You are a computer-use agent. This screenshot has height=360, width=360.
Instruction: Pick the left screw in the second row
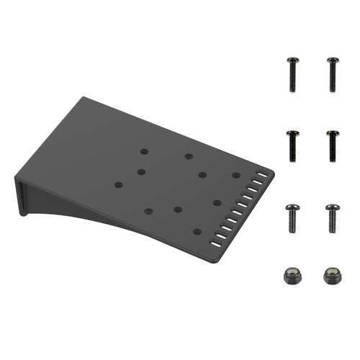pyautogui.click(x=293, y=145)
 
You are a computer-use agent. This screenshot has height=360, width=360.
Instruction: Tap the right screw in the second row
pyautogui.click(x=333, y=145)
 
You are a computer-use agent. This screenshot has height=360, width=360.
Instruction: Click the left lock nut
pyautogui.click(x=293, y=276)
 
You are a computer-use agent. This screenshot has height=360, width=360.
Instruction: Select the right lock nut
pyautogui.click(x=332, y=276)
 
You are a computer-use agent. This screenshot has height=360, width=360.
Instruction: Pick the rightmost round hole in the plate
pyautogui.click(x=235, y=175)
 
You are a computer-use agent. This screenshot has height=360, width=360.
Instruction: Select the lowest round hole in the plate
pyautogui.click(x=197, y=231)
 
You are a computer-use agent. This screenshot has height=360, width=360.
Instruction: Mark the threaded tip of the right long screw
pyautogui.click(x=333, y=88)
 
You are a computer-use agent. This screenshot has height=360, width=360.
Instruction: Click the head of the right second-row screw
pyautogui.click(x=333, y=133)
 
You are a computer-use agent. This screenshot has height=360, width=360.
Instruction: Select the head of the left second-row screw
pyautogui.click(x=293, y=133)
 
